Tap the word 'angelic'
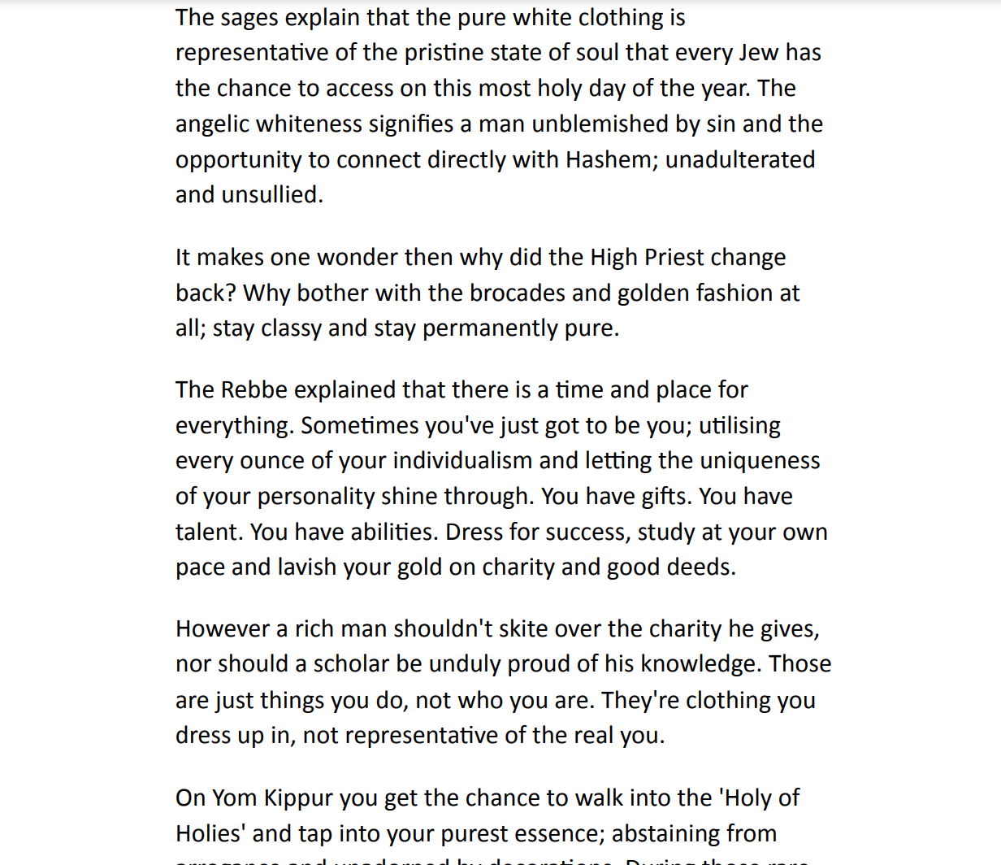click(212, 124)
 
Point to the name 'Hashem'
click(602, 159)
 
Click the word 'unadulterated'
click(740, 159)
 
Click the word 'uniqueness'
click(760, 461)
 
